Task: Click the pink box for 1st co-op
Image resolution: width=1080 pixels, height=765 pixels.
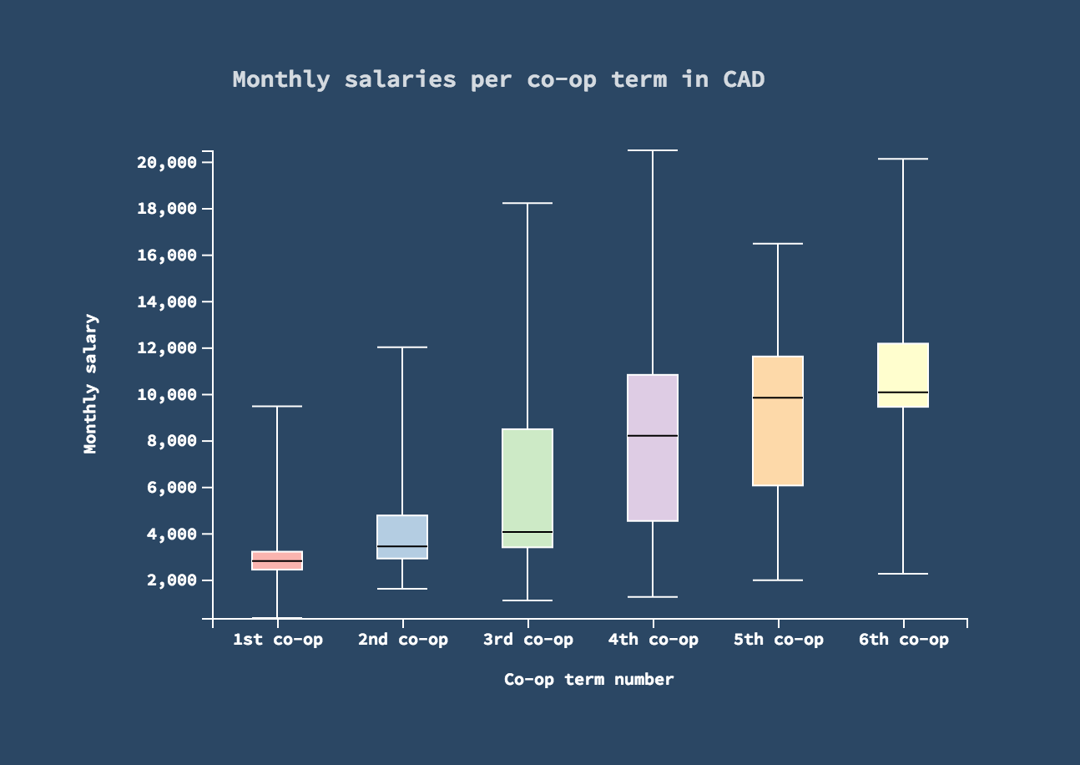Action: [277, 555]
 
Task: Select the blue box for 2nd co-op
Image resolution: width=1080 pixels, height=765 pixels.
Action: [402, 531]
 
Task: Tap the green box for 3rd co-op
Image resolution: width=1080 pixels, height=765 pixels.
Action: [527, 488]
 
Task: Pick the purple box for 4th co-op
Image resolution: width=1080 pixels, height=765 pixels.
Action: [653, 476]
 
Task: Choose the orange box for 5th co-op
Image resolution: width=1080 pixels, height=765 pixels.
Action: [778, 443]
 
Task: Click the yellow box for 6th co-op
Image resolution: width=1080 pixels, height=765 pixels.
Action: [903, 367]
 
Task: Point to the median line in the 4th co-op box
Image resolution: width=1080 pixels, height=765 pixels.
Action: [653, 436]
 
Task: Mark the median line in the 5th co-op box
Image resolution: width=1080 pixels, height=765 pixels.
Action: [778, 398]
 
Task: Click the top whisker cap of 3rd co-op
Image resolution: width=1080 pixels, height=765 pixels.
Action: [527, 203]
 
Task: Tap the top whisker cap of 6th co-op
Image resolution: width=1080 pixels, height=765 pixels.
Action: [903, 159]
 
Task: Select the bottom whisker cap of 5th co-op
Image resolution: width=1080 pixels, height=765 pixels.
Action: [778, 580]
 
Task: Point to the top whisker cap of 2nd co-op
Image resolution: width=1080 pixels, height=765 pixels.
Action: [402, 347]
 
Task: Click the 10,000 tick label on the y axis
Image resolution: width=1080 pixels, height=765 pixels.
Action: [166, 394]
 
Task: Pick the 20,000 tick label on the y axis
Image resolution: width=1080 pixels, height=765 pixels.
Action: [166, 162]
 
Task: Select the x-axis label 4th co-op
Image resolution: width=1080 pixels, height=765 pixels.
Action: [653, 641]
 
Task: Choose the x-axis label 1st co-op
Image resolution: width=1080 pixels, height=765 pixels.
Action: [277, 641]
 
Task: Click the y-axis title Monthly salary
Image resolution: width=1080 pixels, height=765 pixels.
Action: [91, 384]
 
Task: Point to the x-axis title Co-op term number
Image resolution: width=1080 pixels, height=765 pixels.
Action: [588, 680]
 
